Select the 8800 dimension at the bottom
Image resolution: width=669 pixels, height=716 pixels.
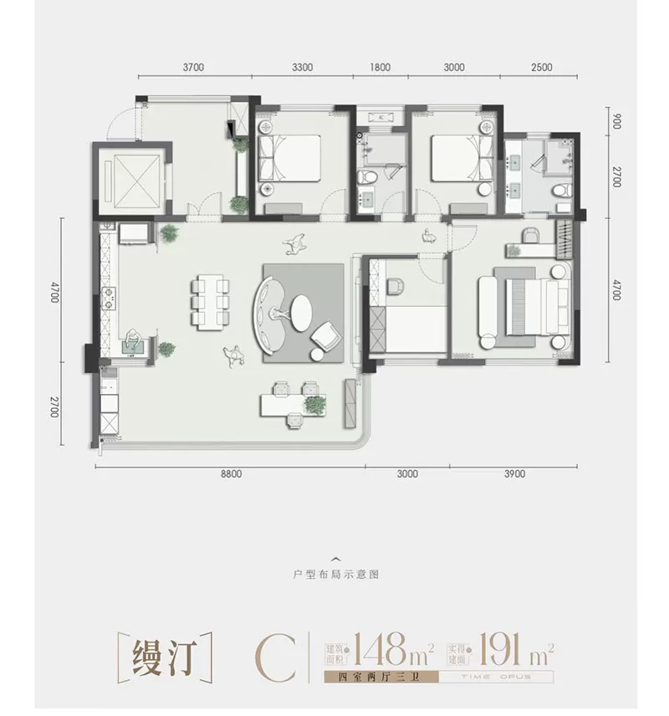231,474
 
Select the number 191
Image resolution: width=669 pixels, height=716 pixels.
500,649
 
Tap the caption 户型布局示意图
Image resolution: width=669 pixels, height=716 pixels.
334,575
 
